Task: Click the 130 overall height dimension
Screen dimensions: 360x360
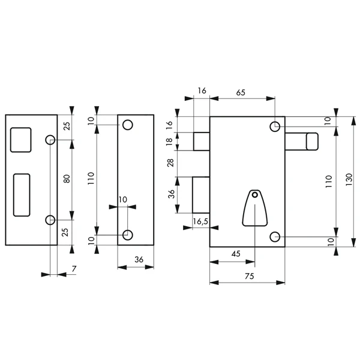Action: pos(349,179)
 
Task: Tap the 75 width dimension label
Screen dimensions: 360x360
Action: pos(250,276)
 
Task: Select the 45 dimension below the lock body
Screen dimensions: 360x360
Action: pos(236,254)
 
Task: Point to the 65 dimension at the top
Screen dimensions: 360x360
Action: pos(241,92)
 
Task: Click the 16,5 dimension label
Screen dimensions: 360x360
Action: pos(200,221)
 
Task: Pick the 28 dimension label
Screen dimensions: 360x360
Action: pos(170,163)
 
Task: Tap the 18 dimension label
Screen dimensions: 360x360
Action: pos(169,142)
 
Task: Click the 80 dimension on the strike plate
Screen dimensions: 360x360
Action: pos(67,179)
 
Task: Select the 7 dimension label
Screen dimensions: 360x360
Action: pos(74,269)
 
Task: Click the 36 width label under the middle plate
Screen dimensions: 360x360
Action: pos(139,260)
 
